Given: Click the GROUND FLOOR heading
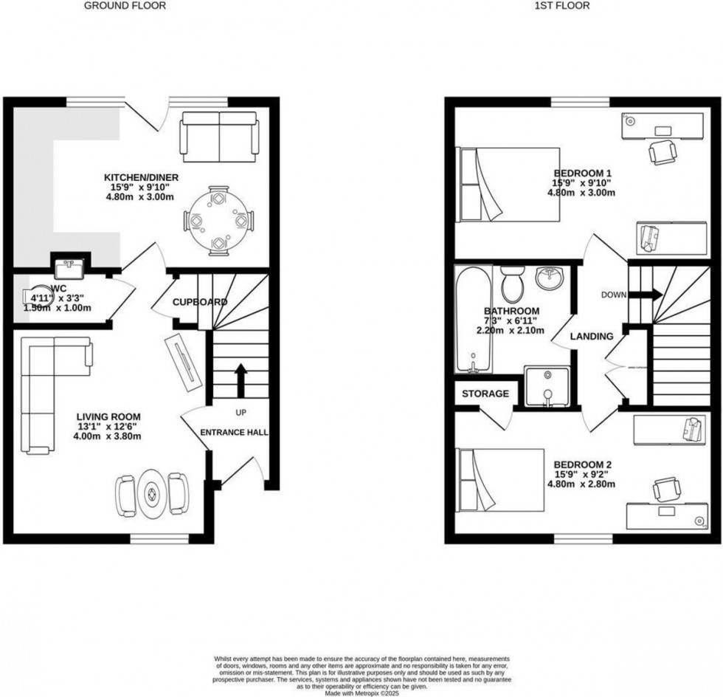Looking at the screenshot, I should tap(124, 6).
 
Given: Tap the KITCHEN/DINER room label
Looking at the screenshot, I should tap(141, 177).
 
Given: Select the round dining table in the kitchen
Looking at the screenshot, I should tap(218, 221).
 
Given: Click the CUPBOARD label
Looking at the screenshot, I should tap(199, 302).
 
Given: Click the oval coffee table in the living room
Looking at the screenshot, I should tap(153, 494).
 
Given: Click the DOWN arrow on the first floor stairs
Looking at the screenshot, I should tap(652, 294).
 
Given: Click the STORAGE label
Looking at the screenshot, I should tap(485, 394).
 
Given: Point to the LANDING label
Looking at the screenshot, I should tap(592, 336).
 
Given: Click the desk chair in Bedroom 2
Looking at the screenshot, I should tap(667, 488).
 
